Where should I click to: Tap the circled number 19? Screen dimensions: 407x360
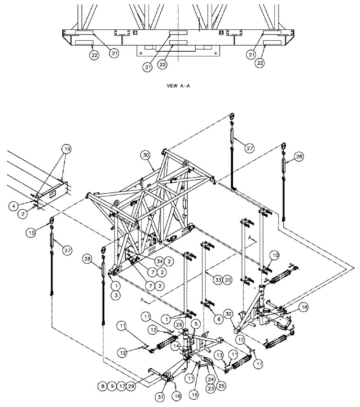[x=66, y=149]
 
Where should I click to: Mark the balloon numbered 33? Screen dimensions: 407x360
[x=218, y=280]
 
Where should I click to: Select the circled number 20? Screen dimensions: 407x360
[x=228, y=280]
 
